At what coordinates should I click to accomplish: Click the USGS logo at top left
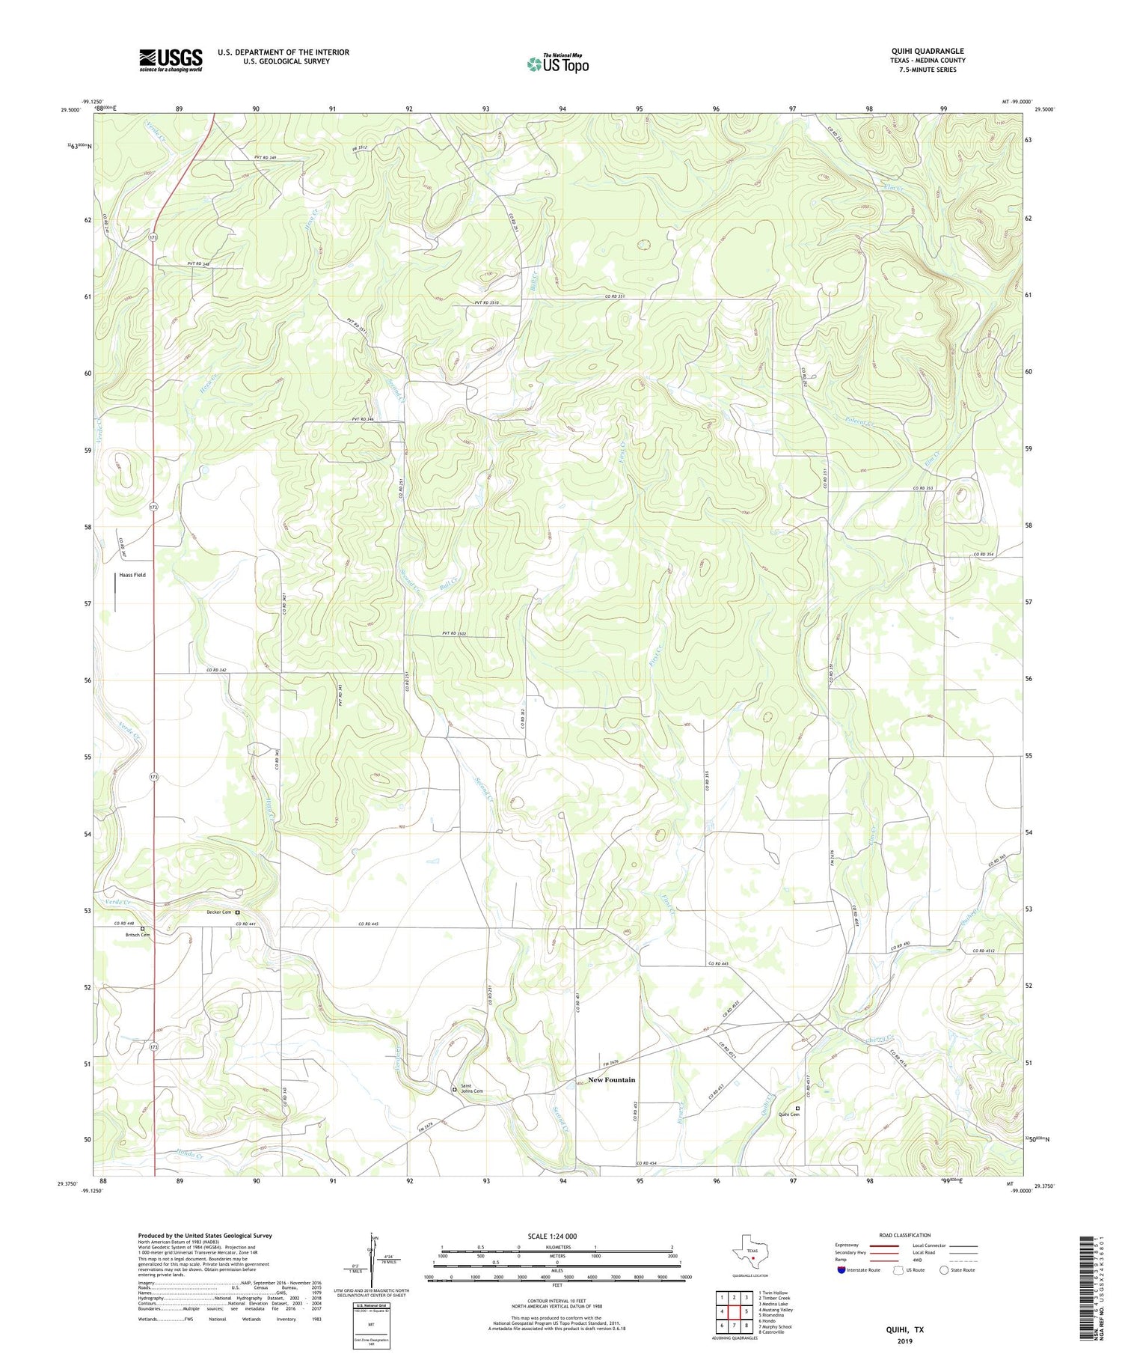point(171,60)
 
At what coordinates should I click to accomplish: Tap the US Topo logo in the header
point(557,64)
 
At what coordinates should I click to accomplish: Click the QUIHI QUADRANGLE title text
point(923,51)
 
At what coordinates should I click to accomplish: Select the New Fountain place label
point(611,1079)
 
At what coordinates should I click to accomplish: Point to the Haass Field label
point(132,575)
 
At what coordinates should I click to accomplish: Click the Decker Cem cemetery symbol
point(238,912)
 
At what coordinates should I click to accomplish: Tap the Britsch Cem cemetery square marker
point(142,929)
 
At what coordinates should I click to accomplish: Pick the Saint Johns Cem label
point(471,1088)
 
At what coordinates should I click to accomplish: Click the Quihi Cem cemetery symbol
point(797,1109)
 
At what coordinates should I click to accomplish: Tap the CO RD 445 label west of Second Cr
point(369,924)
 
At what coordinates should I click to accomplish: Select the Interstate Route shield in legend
point(841,1270)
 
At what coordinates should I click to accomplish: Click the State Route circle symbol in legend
point(944,1270)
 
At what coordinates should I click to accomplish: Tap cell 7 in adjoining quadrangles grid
point(734,1326)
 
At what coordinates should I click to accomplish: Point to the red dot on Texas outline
point(752,1258)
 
